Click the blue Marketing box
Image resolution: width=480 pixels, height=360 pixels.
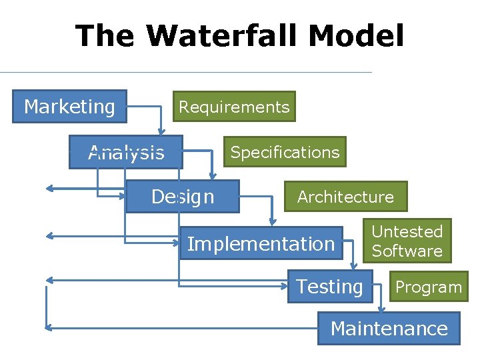69,107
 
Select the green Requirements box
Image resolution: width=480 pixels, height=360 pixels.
234,107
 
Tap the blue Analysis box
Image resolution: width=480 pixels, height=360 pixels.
126,153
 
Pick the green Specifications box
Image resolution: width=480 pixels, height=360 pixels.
284,152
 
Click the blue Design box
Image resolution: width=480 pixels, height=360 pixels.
182,197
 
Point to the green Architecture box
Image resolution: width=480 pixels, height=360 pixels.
345,197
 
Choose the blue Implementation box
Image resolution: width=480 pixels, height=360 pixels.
261,244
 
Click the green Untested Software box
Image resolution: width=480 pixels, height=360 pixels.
407,241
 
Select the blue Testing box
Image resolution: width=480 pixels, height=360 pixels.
329,287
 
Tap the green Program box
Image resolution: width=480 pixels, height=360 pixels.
429,287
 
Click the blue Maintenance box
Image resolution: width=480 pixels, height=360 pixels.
389,329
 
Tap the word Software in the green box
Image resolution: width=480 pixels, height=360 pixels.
407,251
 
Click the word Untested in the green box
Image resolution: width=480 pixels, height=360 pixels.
407,231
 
